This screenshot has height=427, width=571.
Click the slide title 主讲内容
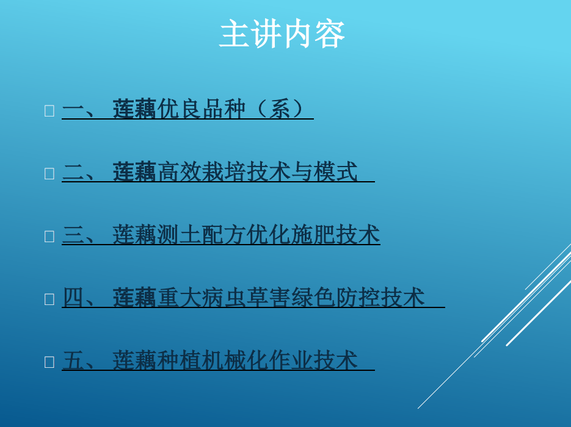coord(282,34)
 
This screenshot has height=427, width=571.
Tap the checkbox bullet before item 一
coord(49,110)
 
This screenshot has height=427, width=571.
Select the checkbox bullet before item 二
coord(49,173)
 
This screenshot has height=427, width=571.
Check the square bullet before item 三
coord(49,237)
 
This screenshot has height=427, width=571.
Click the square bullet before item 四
coord(49,300)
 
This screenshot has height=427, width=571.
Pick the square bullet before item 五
coord(49,362)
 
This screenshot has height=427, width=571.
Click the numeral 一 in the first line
coord(73,109)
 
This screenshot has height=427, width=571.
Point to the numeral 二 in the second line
coord(73,172)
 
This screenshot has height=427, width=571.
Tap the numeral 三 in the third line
coord(73,235)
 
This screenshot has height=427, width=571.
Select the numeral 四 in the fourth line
coord(73,298)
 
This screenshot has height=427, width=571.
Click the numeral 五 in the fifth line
coord(73,361)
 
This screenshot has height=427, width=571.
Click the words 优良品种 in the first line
coord(202,109)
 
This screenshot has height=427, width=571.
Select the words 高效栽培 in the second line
coord(202,171)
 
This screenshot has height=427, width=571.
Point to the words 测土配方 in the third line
coord(202,235)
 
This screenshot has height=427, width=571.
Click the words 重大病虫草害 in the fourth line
coord(224,298)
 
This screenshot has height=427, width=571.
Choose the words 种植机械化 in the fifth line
coord(213,361)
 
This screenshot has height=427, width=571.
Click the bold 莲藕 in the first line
coord(134,109)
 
